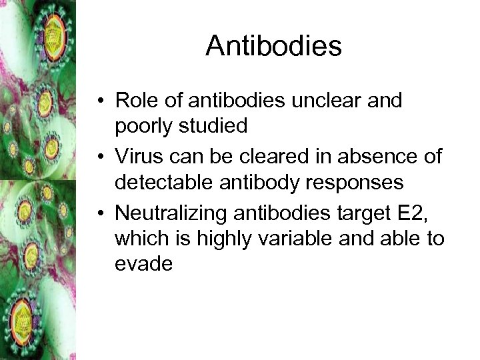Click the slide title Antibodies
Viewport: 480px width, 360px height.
point(273,46)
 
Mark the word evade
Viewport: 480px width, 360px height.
point(143,264)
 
